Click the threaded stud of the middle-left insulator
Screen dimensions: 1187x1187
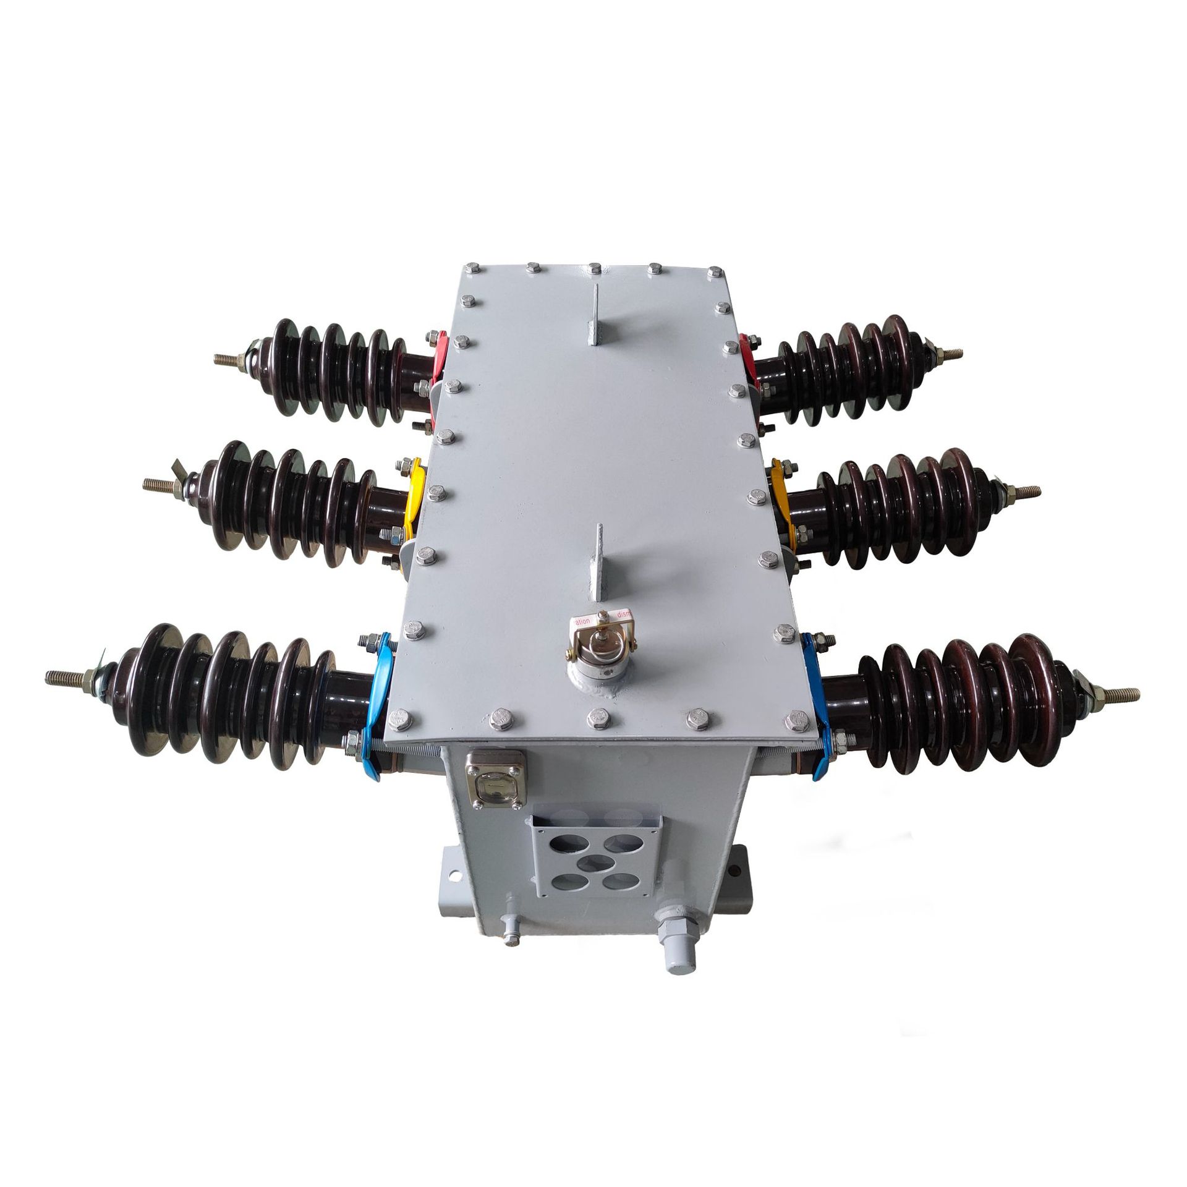point(164,483)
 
